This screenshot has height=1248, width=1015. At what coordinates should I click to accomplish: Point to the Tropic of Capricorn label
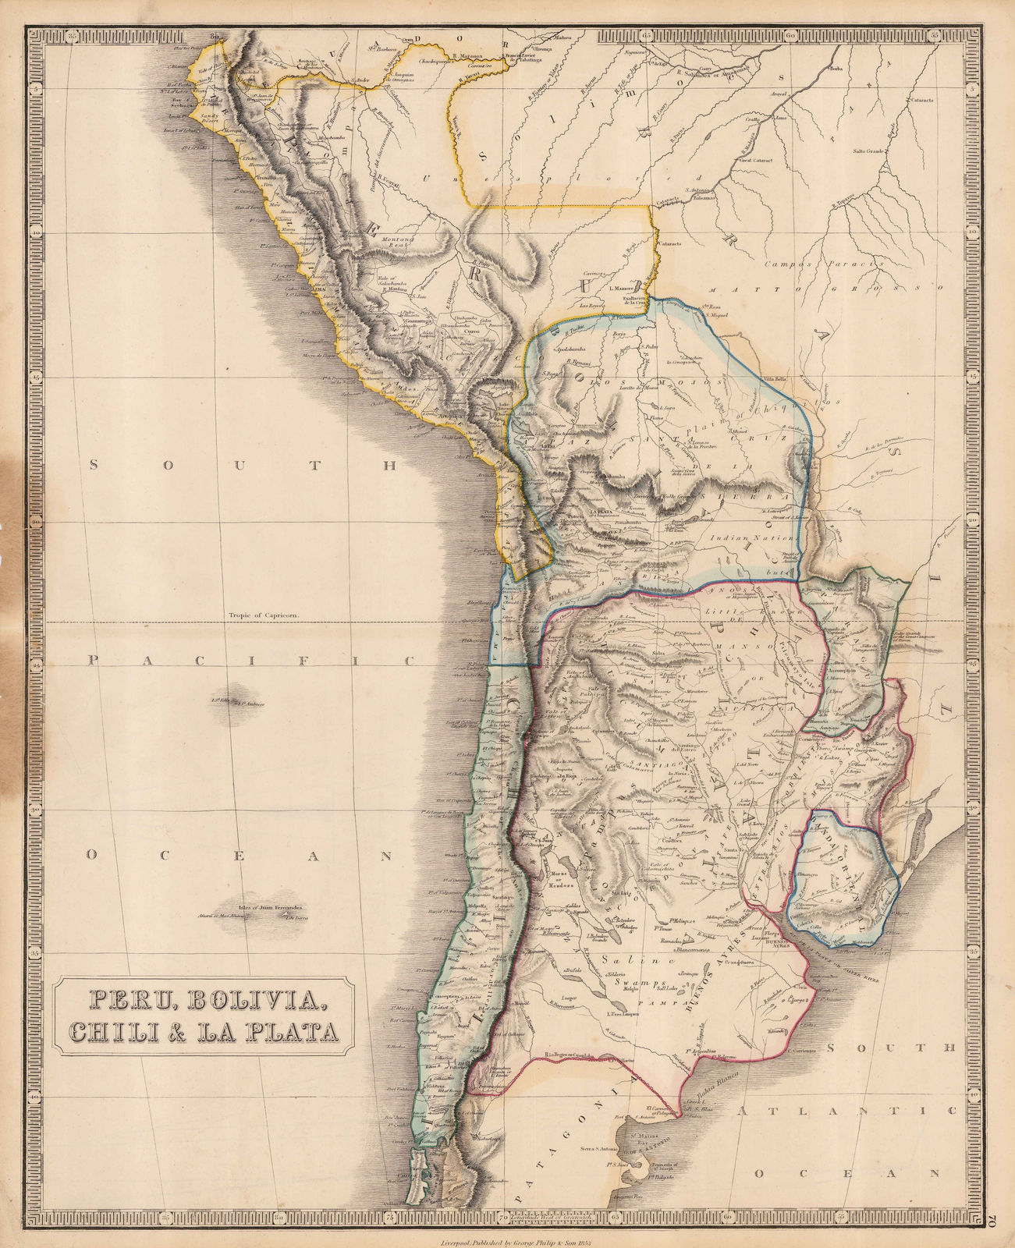click(x=265, y=615)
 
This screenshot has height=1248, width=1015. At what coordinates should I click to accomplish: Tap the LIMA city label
click(x=318, y=288)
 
